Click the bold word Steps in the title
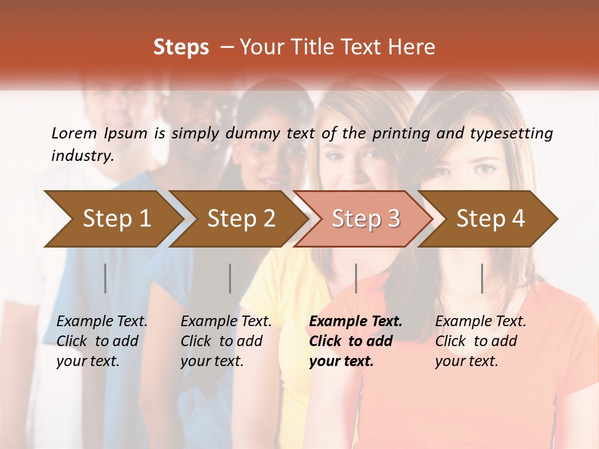(181, 47)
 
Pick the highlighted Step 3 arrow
(366, 218)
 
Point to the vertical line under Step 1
(105, 278)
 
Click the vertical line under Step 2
(230, 278)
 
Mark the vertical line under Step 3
(356, 278)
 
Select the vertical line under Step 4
(482, 278)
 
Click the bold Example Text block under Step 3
(356, 341)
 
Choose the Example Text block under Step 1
(102, 341)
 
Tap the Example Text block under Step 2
(226, 341)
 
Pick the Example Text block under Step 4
(480, 341)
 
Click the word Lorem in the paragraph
(74, 133)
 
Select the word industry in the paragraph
(82, 156)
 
